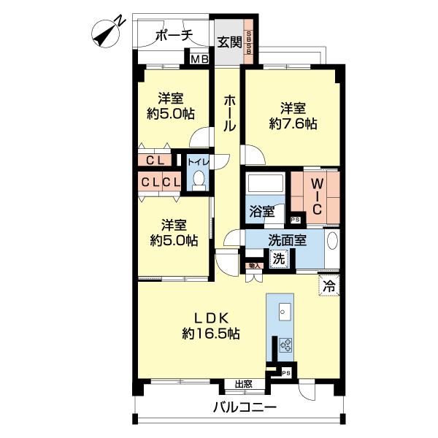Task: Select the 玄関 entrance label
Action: (x=230, y=42)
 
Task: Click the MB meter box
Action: (x=198, y=59)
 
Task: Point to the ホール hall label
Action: (x=229, y=114)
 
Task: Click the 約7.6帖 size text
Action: (x=293, y=124)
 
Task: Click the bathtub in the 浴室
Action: (x=265, y=183)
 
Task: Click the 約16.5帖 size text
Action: (x=212, y=334)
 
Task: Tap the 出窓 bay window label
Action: (x=244, y=384)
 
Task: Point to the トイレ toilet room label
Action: (x=198, y=161)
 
